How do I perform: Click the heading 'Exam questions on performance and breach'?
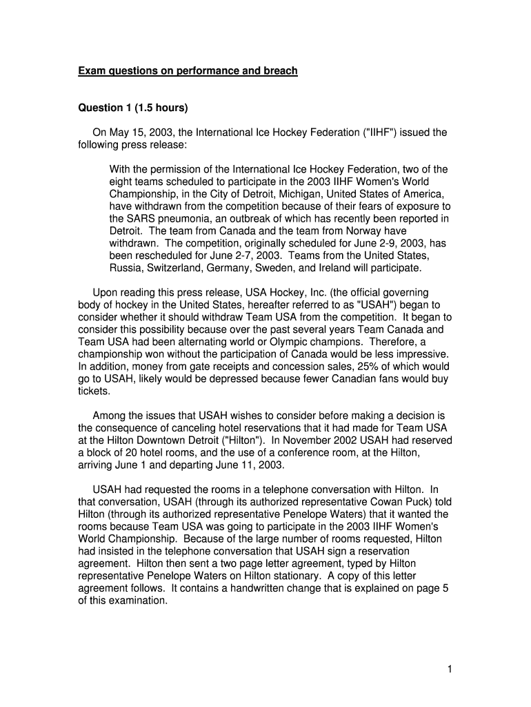(188, 70)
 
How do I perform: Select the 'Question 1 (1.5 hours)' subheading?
(132, 108)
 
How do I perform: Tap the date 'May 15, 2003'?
(137, 133)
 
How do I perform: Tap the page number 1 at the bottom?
(449, 668)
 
